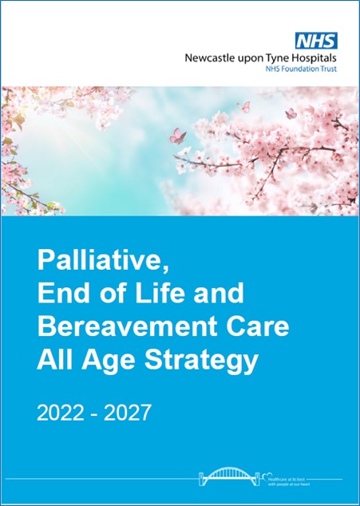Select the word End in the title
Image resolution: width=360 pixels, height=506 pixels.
pos(59,294)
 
